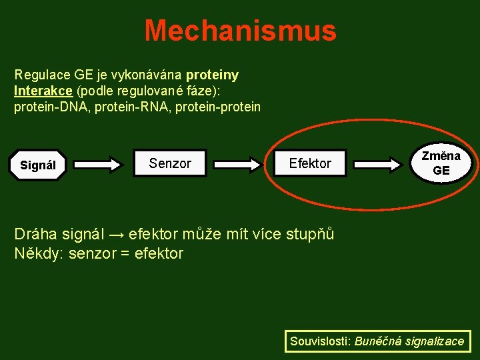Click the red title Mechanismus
coord(240,31)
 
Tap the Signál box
coord(38,165)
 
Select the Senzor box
coord(170,163)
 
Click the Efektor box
coord(310,163)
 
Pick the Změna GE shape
coord(441,163)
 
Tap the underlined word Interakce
coord(43,91)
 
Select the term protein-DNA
coord(51,107)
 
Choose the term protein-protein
coord(221,107)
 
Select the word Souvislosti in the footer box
coord(319,341)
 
